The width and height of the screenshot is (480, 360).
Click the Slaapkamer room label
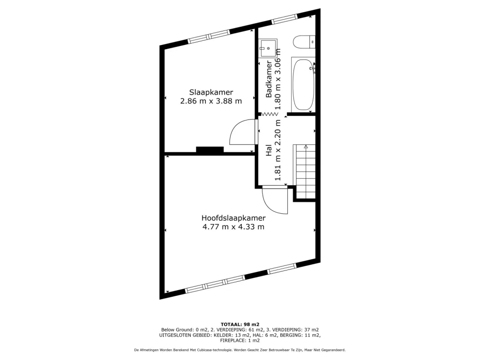point(211,92)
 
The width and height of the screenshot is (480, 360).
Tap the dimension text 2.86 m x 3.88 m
point(211,101)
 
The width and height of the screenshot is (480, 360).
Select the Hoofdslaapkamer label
point(233,218)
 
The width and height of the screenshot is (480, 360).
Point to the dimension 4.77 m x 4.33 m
point(233,227)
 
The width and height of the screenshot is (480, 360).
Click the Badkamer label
point(269,79)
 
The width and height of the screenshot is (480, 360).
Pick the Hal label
point(269,150)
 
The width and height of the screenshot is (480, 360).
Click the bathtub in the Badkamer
point(303,84)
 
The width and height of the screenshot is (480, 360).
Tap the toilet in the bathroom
point(304,42)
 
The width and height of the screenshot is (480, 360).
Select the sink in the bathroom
point(268,48)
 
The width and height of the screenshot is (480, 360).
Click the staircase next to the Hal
point(305,172)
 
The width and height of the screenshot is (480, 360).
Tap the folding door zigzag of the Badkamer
point(270,114)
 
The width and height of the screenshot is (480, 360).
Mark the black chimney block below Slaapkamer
point(210,150)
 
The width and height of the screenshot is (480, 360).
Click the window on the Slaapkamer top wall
point(209,37)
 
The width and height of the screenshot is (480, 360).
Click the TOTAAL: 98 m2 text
point(240,324)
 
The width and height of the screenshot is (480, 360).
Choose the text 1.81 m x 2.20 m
point(277,150)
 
